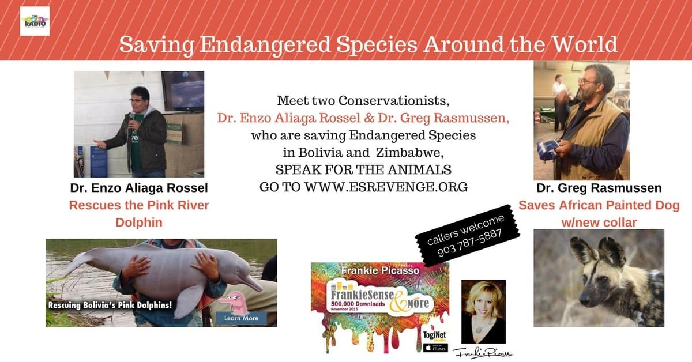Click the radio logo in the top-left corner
tap(35, 21)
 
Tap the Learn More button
tap(241, 318)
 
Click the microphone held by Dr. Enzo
tap(131, 117)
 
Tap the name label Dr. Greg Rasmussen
tap(599, 188)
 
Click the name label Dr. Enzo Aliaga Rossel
tap(139, 188)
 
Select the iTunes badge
tap(435, 348)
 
